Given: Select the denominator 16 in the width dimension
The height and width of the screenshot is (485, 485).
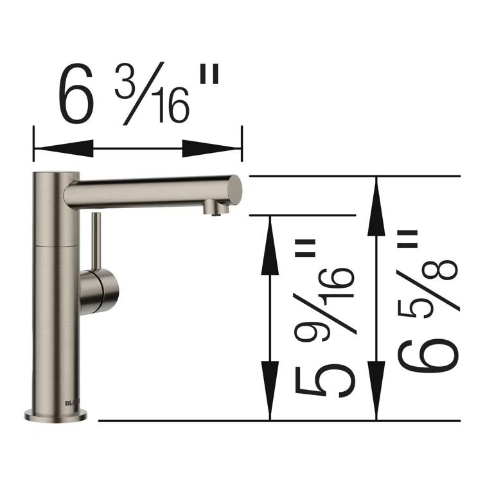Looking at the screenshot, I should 171,106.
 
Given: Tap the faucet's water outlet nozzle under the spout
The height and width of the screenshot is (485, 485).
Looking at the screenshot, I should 213,209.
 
